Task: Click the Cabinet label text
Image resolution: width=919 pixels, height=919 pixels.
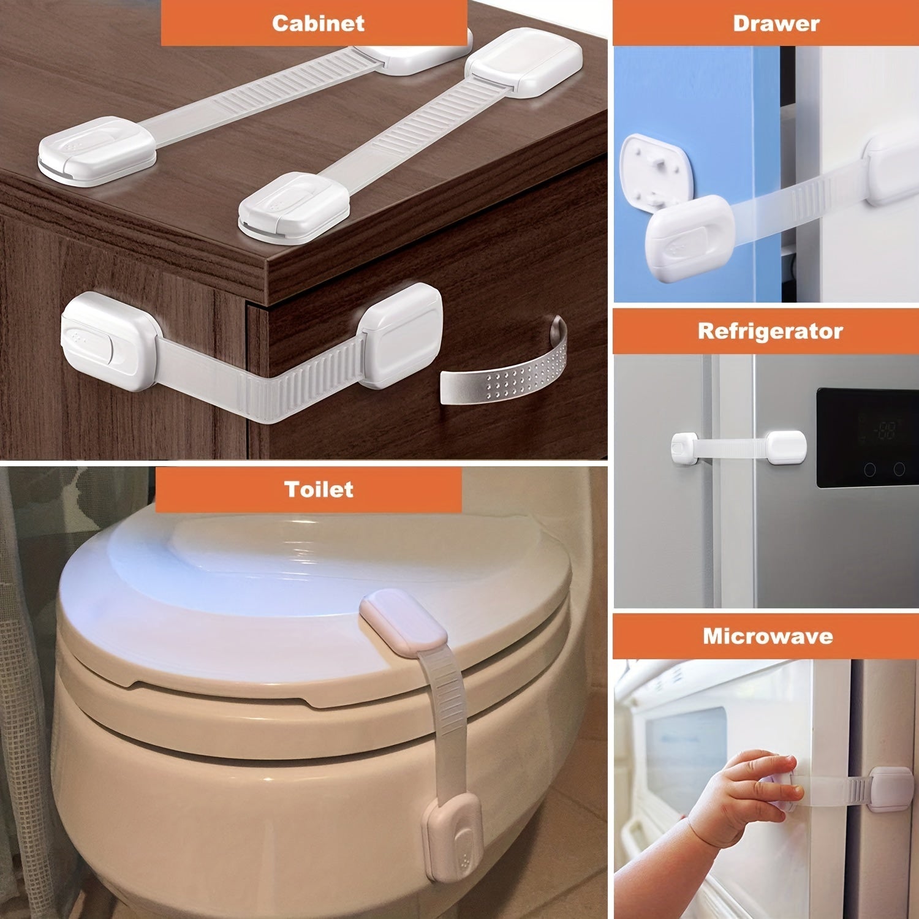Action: pyautogui.click(x=318, y=23)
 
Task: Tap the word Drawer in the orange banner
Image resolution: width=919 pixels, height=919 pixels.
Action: pyautogui.click(x=776, y=23)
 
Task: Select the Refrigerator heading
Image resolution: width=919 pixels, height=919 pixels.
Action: pyautogui.click(x=770, y=331)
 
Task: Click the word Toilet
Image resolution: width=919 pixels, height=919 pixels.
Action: pyautogui.click(x=319, y=489)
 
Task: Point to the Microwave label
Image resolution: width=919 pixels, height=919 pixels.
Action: pyautogui.click(x=768, y=636)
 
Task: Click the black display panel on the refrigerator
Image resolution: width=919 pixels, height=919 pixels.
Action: pyautogui.click(x=867, y=437)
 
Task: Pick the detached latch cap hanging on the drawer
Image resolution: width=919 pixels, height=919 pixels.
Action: pyautogui.click(x=690, y=239)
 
